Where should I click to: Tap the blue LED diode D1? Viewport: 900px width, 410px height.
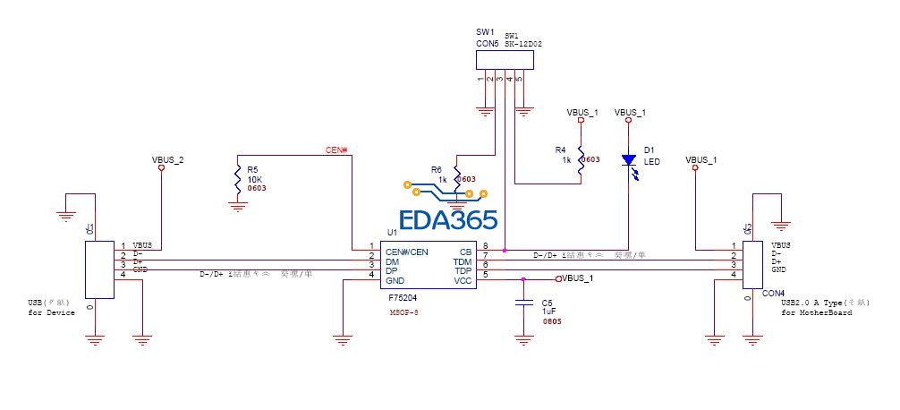click(x=628, y=161)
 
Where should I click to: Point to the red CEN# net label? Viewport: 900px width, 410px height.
click(x=337, y=149)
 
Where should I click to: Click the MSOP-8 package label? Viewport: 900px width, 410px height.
click(x=404, y=312)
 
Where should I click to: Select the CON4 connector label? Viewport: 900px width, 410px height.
click(x=773, y=292)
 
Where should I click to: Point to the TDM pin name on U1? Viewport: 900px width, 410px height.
click(x=462, y=261)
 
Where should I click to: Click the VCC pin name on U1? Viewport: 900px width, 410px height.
click(x=463, y=280)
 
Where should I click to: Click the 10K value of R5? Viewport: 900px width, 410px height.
click(x=253, y=178)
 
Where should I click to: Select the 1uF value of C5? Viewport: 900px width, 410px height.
click(x=548, y=311)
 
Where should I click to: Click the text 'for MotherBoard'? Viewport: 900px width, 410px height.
click(x=816, y=313)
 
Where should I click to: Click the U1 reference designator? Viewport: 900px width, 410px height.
click(x=392, y=232)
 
